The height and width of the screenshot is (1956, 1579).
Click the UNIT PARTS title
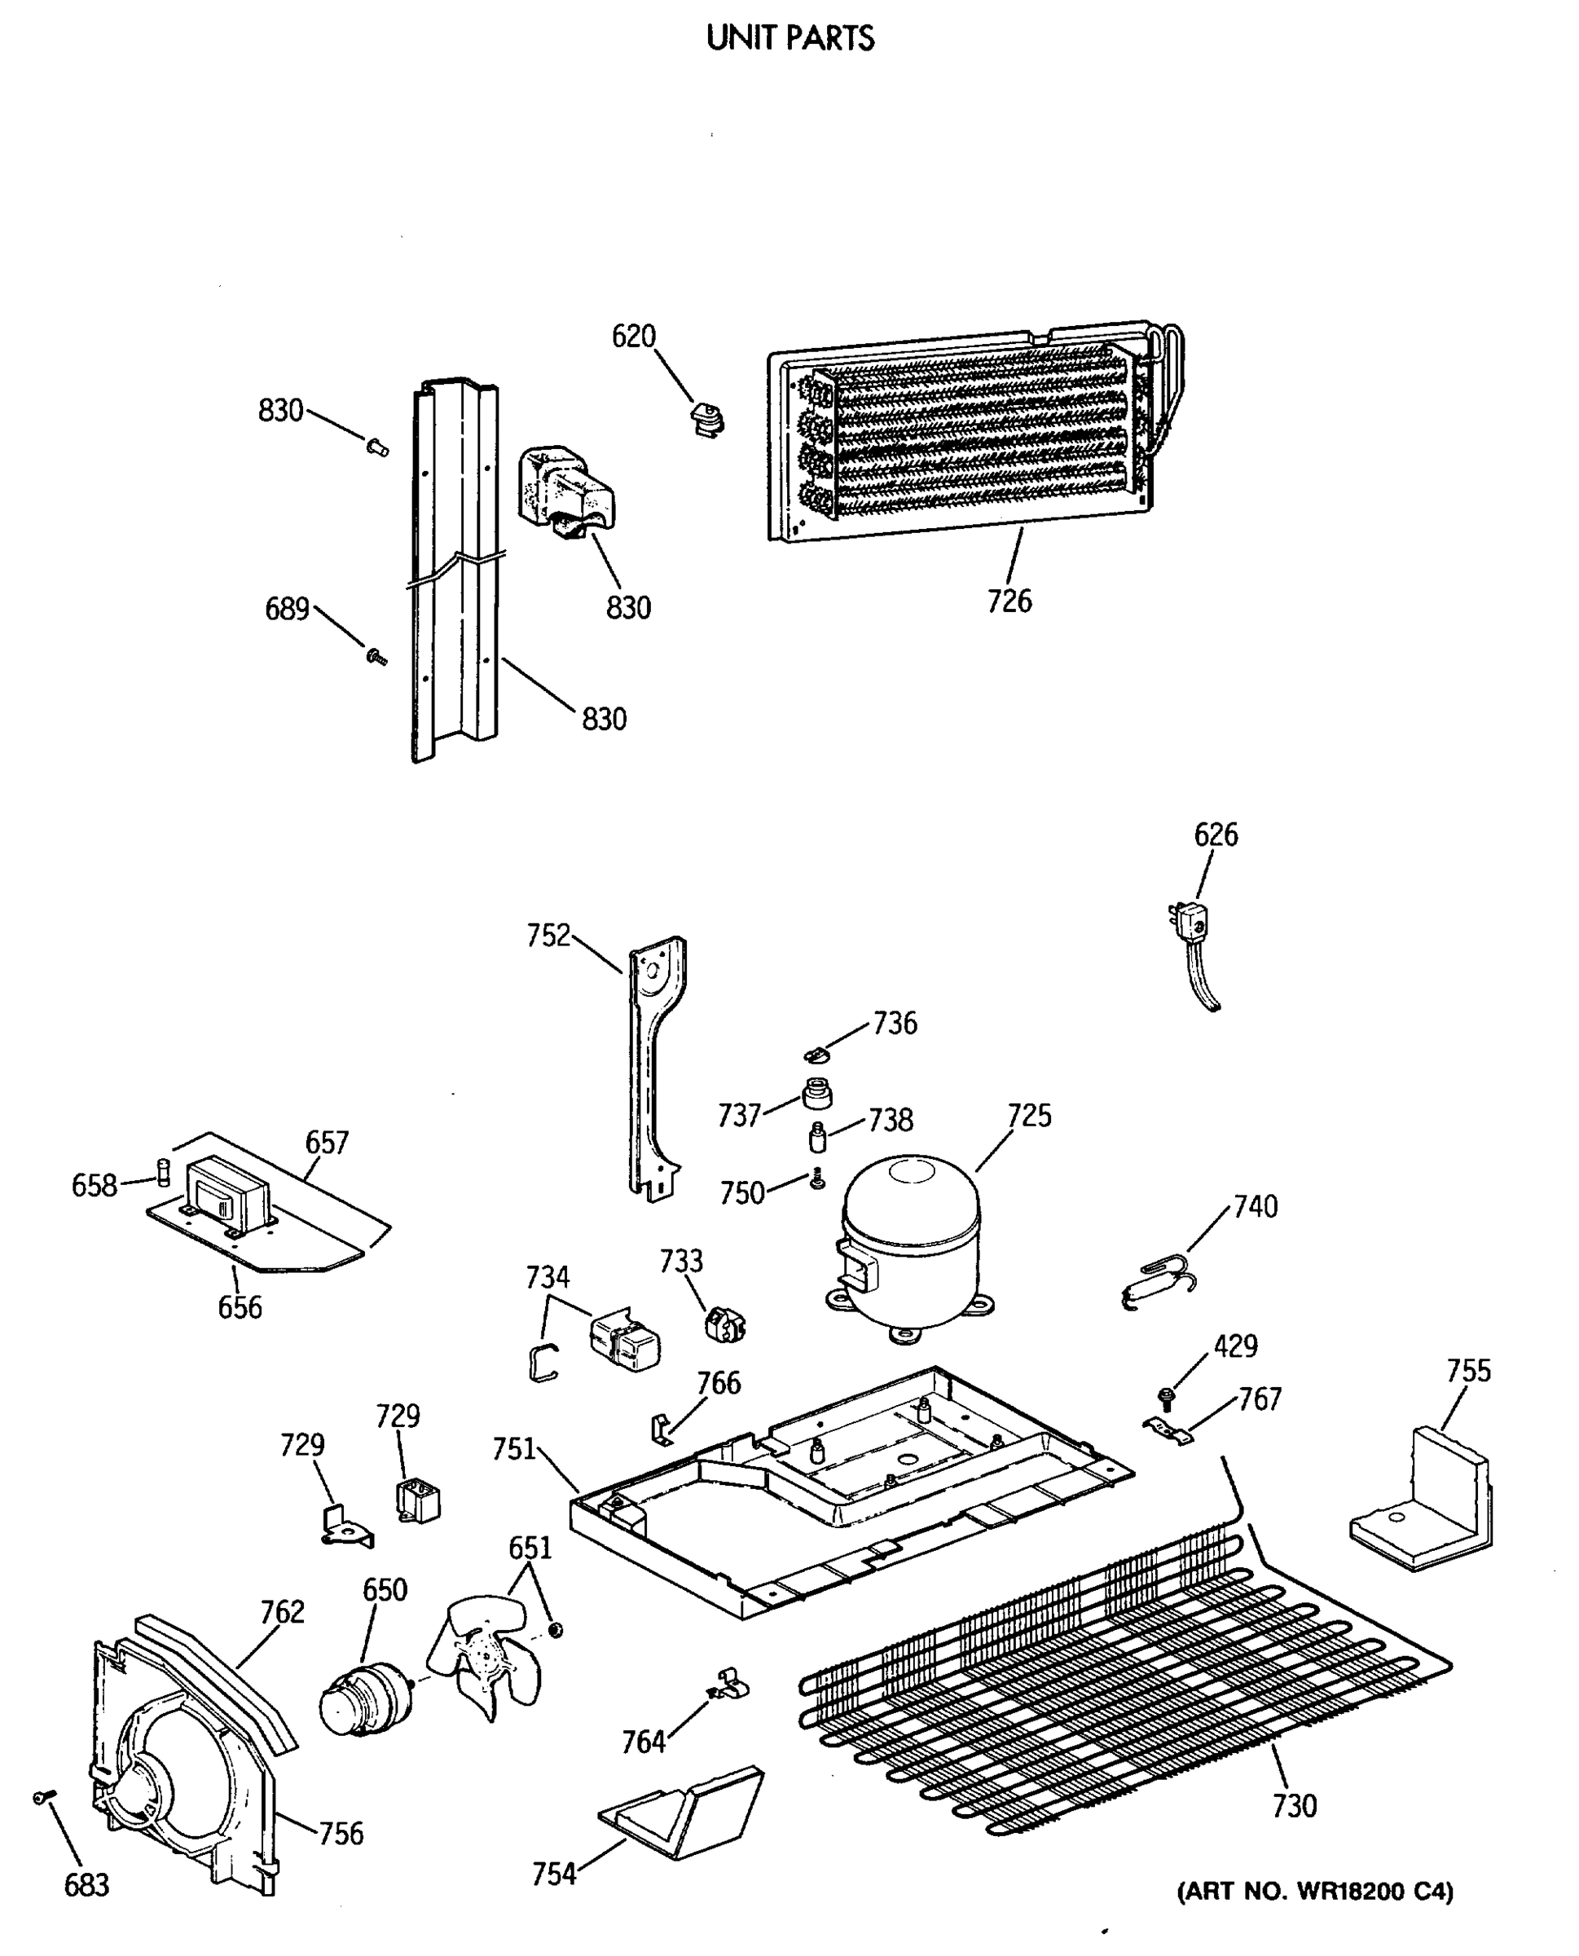point(789,38)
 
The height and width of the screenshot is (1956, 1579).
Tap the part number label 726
point(1009,601)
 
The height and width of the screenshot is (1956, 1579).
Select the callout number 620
point(633,337)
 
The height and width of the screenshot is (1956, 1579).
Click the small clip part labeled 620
point(706,421)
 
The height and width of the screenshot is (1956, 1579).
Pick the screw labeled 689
point(375,655)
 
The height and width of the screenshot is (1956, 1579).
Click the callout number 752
point(548,936)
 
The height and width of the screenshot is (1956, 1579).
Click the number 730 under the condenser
point(1293,1805)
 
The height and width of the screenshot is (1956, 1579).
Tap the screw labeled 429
point(1165,1395)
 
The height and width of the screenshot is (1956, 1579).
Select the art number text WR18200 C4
point(1314,1892)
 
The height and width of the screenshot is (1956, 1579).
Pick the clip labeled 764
point(730,1685)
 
